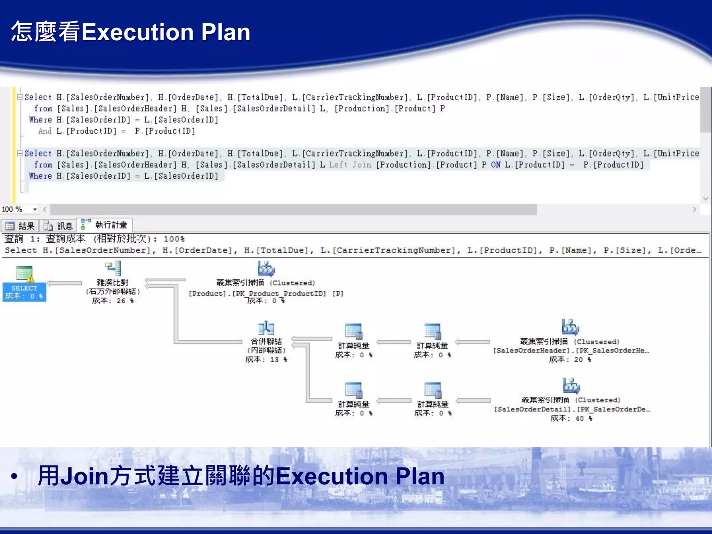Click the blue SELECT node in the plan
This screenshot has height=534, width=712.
click(24, 291)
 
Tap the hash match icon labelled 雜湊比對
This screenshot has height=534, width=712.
click(113, 268)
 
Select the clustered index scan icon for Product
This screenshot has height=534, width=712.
click(266, 269)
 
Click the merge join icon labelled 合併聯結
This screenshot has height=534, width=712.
click(266, 327)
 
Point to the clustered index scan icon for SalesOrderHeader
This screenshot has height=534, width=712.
click(570, 327)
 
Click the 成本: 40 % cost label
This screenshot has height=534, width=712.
click(571, 418)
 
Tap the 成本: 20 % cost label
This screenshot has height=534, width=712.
click(570, 359)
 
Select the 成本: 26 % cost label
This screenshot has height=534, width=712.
click(113, 301)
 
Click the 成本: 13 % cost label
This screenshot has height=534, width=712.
click(266, 359)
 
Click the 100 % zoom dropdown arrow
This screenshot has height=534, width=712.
click(35, 209)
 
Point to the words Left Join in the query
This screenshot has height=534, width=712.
click(350, 165)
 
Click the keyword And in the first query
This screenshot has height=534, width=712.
click(45, 131)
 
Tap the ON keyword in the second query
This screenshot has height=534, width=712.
click(496, 165)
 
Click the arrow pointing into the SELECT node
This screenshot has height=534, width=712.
click(64, 283)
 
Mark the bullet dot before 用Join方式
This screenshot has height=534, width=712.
click(14, 476)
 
